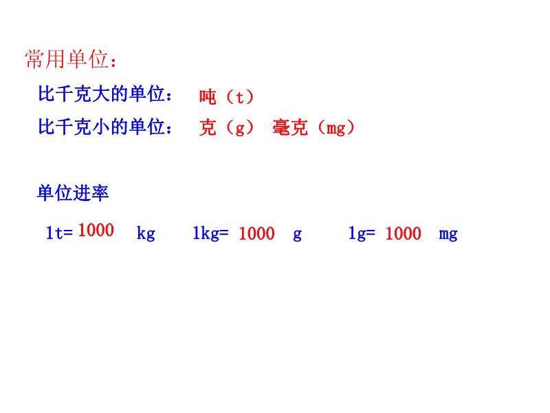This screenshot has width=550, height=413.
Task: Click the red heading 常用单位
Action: (x=67, y=59)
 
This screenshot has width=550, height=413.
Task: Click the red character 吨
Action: (x=208, y=97)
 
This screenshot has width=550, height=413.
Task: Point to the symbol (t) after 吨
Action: (x=240, y=97)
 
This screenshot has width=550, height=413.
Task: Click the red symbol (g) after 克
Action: (x=240, y=127)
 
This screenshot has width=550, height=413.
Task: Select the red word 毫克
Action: (x=290, y=127)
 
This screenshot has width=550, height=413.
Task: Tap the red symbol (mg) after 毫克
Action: (x=336, y=127)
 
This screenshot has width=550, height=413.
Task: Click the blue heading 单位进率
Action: (x=73, y=193)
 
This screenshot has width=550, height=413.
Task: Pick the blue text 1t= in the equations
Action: (x=59, y=233)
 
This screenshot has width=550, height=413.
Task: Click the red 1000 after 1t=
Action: (x=96, y=231)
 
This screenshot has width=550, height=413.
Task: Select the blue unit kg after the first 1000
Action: (x=146, y=233)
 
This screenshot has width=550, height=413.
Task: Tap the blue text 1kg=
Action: (x=210, y=233)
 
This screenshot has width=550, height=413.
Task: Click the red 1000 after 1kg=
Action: (x=256, y=233)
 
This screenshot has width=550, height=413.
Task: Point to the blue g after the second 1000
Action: (x=298, y=235)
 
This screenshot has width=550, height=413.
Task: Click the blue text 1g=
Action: (x=362, y=233)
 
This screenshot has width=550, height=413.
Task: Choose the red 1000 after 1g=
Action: (x=403, y=233)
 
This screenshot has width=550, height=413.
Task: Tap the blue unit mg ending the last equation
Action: (x=448, y=235)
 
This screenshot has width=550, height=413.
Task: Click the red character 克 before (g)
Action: (x=208, y=127)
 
